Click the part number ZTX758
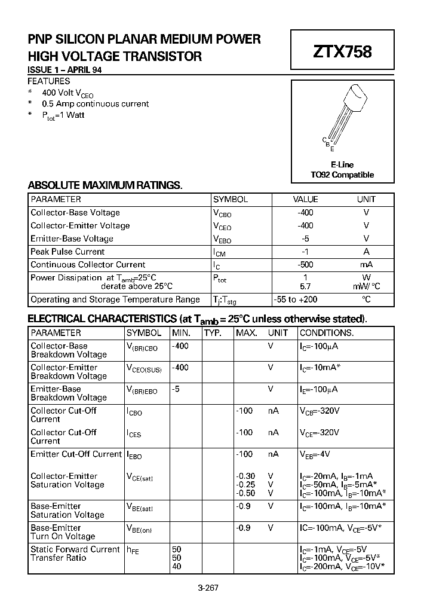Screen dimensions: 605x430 click(x=342, y=52)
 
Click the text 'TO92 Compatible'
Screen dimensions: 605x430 click(x=342, y=175)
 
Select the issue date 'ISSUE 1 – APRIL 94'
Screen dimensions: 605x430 click(x=64, y=70)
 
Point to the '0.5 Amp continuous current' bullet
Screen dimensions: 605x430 click(x=95, y=104)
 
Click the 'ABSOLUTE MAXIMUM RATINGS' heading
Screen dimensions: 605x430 click(x=105, y=185)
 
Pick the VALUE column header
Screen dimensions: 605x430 click(x=305, y=200)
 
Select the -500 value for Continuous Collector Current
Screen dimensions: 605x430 click(x=305, y=265)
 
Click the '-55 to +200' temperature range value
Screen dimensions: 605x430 click(x=305, y=300)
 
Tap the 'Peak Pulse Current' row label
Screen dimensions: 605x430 click(x=67, y=252)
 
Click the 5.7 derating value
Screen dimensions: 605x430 click(x=305, y=286)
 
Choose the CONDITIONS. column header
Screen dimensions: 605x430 click(x=326, y=333)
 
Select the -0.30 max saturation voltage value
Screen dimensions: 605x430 click(x=245, y=476)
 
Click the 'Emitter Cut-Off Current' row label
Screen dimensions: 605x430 click(x=76, y=454)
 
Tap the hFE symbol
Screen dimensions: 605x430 click(x=133, y=550)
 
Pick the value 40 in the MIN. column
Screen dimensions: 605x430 click(x=177, y=566)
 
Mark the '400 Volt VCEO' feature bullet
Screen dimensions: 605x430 click(x=67, y=93)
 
